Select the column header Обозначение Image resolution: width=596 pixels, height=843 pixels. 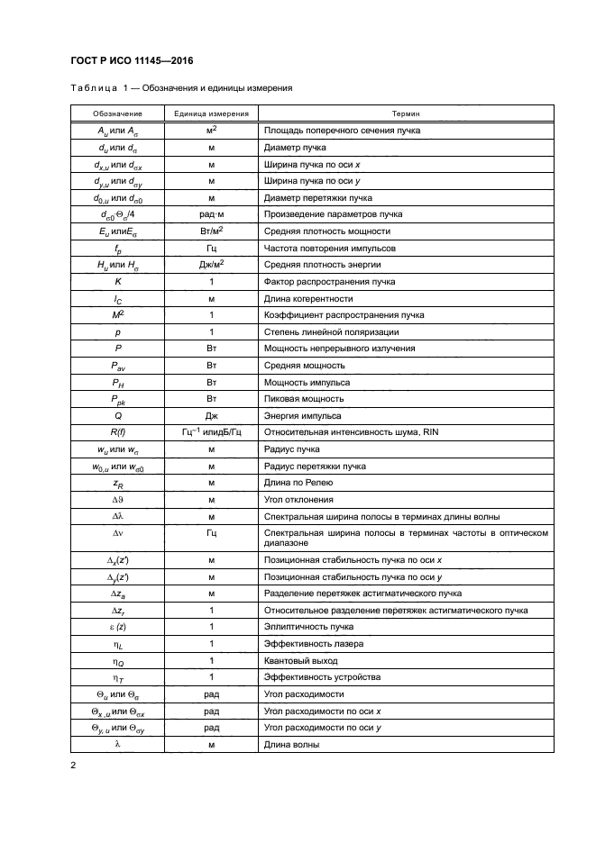(115, 114)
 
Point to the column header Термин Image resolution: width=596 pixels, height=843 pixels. (404, 114)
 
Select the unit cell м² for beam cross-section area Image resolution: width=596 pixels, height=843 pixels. (210, 131)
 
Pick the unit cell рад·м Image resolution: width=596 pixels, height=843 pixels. (210, 213)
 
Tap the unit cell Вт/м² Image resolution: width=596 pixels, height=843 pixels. (210, 231)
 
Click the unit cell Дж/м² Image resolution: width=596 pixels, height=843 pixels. (210, 265)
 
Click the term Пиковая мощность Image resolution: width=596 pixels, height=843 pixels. (304, 399)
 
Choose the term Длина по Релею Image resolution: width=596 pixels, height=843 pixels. (299, 484)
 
